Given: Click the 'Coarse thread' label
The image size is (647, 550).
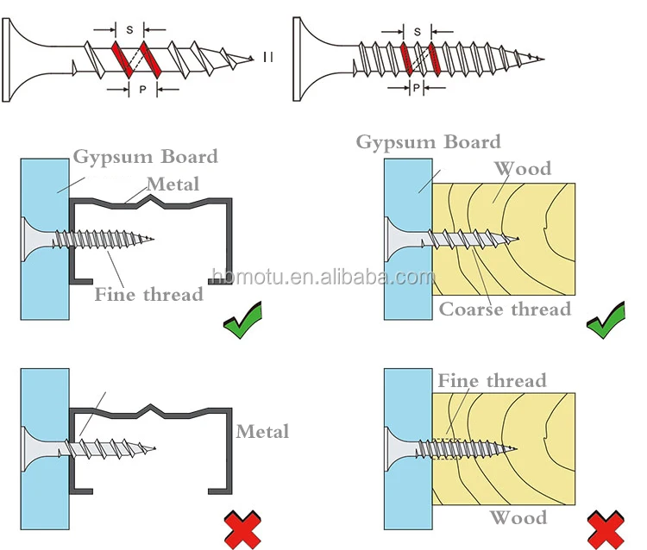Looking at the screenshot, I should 506,309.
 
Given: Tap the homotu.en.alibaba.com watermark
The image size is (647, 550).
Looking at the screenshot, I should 323,277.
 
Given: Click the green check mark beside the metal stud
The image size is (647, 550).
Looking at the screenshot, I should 243,322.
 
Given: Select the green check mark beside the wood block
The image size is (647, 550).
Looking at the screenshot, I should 606,322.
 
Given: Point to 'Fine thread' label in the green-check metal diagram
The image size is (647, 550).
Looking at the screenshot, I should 148,294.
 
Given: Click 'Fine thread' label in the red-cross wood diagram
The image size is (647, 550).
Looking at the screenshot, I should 492,380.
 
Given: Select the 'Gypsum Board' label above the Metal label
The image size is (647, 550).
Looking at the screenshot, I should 145,157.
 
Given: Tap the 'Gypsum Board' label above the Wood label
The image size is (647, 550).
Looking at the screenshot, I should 428,142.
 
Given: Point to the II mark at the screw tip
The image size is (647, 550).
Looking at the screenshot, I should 268,58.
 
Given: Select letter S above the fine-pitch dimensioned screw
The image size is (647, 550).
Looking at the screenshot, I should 418,31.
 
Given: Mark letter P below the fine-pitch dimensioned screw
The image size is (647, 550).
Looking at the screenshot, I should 417,88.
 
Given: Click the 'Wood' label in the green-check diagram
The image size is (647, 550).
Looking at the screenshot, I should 521,168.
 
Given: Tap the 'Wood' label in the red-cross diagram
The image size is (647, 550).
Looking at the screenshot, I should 518,517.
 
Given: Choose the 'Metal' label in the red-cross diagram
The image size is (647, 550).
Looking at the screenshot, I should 262,431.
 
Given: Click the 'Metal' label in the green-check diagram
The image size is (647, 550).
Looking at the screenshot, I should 173,184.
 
